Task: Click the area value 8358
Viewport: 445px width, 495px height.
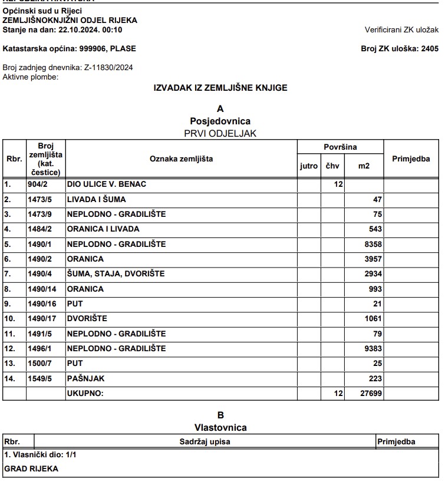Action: [x=373, y=244]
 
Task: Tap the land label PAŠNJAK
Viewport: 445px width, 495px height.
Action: [x=85, y=378]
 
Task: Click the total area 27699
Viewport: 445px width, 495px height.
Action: [x=371, y=393]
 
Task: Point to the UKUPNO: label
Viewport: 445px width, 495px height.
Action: [x=85, y=393]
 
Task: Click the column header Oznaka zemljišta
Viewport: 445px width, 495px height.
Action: [x=181, y=159]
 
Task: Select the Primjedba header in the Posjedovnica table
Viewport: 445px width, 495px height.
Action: [x=411, y=159]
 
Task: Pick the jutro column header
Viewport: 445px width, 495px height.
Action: [x=309, y=166]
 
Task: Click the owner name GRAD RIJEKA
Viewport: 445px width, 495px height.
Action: [x=31, y=469]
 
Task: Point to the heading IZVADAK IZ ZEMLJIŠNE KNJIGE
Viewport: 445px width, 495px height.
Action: [x=220, y=88]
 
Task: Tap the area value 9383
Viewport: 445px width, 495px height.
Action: [x=373, y=348]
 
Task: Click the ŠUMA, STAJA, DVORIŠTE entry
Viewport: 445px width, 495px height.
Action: [x=116, y=273]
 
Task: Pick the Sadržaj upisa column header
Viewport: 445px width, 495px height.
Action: [x=205, y=441]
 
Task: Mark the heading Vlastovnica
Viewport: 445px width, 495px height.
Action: [x=220, y=427]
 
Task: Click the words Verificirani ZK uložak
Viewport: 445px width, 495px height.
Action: [x=402, y=29]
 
